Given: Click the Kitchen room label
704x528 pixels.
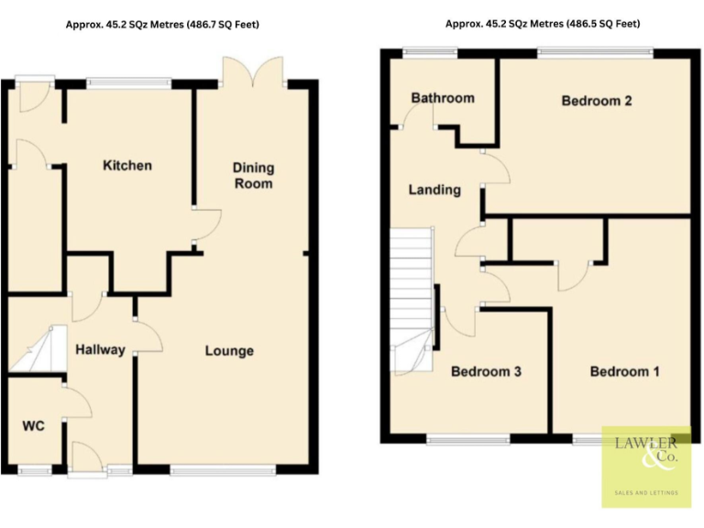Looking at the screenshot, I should point(127,166).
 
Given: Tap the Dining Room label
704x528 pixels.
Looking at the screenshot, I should point(253,176).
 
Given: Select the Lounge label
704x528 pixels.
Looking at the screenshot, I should point(229,351).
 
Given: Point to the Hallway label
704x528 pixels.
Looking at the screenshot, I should point(100,349).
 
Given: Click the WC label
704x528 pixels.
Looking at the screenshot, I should point(33,426).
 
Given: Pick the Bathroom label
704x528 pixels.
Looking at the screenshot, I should point(443,98).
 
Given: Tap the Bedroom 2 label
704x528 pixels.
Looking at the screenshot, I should point(597,101).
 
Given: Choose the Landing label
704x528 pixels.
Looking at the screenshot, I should point(434,190).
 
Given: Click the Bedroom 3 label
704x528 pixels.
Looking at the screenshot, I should point(486,371).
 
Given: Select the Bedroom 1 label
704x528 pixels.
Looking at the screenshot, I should point(624,371).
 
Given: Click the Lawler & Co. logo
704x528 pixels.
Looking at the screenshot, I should point(646,467).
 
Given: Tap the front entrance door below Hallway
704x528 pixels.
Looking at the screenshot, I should point(89,458).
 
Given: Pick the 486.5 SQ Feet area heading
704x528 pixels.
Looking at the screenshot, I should point(543,24).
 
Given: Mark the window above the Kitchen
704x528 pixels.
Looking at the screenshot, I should point(128,83).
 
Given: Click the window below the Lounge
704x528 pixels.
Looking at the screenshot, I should point(223,470).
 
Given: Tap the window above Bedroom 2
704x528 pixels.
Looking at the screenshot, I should point(595,52).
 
